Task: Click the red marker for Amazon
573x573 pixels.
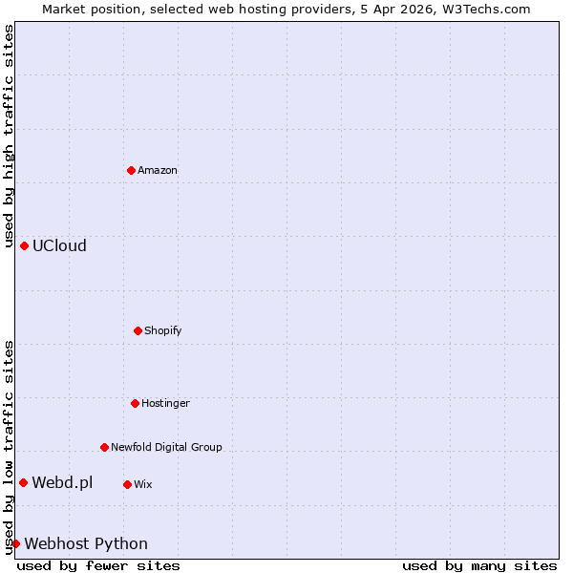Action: (x=131, y=170)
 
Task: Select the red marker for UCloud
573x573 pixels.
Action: (x=24, y=245)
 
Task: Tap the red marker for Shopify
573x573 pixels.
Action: (x=138, y=330)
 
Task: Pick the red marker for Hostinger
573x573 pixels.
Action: (x=135, y=403)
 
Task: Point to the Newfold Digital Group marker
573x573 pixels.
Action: (x=104, y=447)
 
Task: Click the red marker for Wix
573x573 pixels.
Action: (x=127, y=484)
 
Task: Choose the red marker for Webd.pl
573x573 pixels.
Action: (x=23, y=482)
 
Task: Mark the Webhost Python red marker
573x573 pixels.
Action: (x=15, y=543)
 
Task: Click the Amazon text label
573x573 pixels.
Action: (x=158, y=170)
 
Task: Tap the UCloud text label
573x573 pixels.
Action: (x=59, y=245)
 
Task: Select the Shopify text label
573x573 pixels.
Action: (x=163, y=330)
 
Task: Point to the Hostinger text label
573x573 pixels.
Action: (x=166, y=403)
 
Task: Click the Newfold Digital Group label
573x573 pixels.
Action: (x=166, y=447)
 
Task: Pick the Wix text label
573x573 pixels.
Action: (x=143, y=484)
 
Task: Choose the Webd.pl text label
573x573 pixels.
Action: (x=62, y=482)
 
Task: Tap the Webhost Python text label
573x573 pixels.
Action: (x=86, y=543)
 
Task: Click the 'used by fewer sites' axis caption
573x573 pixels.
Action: (x=98, y=565)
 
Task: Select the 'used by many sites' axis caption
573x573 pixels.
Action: (x=479, y=565)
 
